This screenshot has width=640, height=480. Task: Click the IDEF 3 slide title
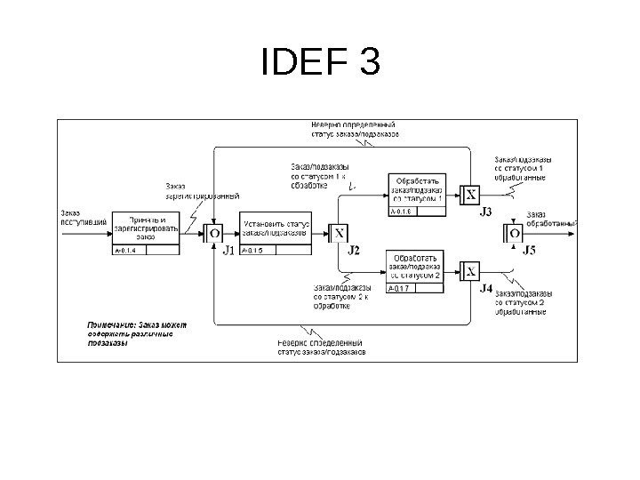(321, 63)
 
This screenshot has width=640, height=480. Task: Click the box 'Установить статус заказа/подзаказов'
(276, 228)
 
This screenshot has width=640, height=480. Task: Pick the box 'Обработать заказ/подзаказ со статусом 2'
(415, 267)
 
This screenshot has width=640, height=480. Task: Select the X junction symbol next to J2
(339, 234)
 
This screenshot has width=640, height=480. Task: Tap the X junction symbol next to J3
(471, 196)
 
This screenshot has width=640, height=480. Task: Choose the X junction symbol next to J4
(471, 272)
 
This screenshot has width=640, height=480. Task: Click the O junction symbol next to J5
(515, 234)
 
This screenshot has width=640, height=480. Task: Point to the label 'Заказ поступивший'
(84, 217)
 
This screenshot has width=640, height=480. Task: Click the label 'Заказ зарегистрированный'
(203, 191)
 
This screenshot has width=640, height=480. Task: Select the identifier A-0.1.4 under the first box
(127, 252)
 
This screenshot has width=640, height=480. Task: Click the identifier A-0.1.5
(253, 252)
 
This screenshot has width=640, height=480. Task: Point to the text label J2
(354, 250)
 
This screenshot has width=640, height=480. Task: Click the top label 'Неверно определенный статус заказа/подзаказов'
(355, 130)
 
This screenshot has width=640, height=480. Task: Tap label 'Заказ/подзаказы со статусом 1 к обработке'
(319, 175)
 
